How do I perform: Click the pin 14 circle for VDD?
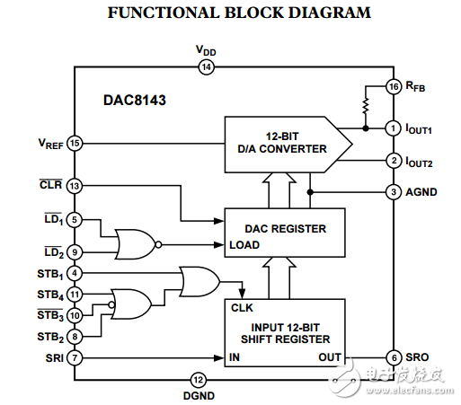click(x=206, y=67)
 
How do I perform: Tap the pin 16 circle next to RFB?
click(x=393, y=87)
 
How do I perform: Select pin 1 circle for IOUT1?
click(x=393, y=128)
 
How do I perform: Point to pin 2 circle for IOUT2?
click(x=393, y=161)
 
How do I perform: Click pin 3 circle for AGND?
click(x=393, y=191)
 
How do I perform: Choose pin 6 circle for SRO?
click(x=393, y=357)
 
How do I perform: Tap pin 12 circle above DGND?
click(x=199, y=380)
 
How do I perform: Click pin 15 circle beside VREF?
click(x=75, y=143)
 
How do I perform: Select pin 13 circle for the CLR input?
click(x=75, y=186)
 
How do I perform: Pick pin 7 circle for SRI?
click(x=75, y=358)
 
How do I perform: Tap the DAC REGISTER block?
click(x=286, y=235)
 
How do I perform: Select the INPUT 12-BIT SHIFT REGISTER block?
click(x=286, y=332)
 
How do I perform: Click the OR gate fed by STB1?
click(x=199, y=280)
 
